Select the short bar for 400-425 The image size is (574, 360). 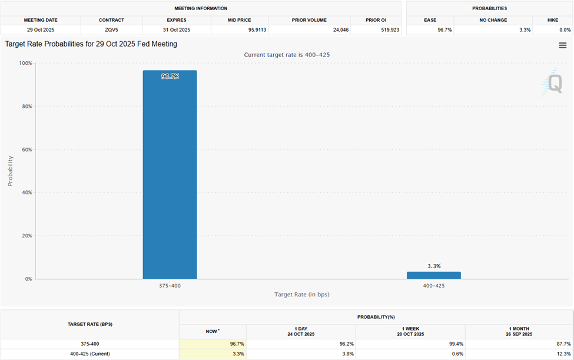click(x=433, y=275)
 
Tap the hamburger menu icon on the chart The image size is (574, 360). click(x=563, y=45)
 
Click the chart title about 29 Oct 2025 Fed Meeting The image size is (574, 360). click(x=91, y=44)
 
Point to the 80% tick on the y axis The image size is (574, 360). click(x=27, y=107)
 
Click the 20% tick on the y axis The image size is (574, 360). click(x=27, y=236)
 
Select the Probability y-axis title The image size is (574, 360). click(x=10, y=171)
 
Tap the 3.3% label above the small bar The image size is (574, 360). click(x=433, y=266)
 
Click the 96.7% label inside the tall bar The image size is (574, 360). click(x=170, y=77)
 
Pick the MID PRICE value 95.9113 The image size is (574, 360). click(x=238, y=29)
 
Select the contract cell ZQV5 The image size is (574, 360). click(x=111, y=29)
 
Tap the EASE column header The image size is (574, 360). click(x=430, y=20)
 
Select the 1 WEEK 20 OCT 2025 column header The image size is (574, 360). click(x=410, y=331)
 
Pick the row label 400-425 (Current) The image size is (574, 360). click(x=89, y=354)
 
